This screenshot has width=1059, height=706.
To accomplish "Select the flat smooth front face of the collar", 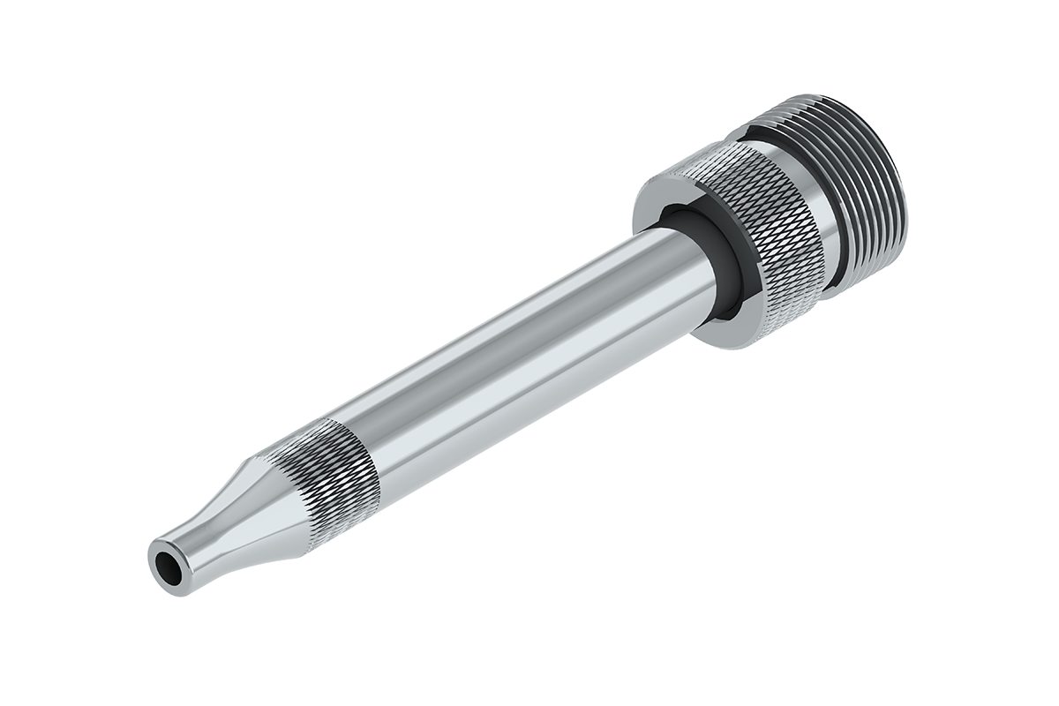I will tap(657, 207).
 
